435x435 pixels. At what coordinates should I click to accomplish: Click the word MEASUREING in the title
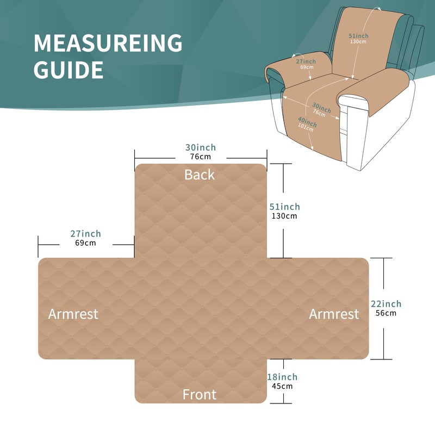108,43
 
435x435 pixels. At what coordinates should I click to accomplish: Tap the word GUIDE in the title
69,70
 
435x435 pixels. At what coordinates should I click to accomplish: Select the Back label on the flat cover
200,175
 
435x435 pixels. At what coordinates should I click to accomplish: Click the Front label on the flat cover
200,394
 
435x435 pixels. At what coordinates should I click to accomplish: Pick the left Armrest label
73,314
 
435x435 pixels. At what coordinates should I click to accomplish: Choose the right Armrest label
334,314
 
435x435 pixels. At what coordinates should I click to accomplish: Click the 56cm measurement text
386,313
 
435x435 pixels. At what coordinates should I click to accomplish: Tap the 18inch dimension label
282,377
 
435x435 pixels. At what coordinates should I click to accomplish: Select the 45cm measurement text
282,386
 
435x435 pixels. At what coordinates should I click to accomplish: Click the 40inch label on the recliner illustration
307,120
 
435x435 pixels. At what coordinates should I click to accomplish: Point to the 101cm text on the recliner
307,127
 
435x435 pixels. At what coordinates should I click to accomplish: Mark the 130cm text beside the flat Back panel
284,216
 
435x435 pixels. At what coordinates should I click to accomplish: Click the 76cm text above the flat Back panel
200,157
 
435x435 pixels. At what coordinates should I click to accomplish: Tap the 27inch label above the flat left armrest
85,234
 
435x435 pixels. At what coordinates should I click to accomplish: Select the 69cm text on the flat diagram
85,243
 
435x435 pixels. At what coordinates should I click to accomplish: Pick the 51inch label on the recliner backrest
358,35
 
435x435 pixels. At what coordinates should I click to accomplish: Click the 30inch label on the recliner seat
321,107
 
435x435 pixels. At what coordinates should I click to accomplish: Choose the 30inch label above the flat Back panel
200,147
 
